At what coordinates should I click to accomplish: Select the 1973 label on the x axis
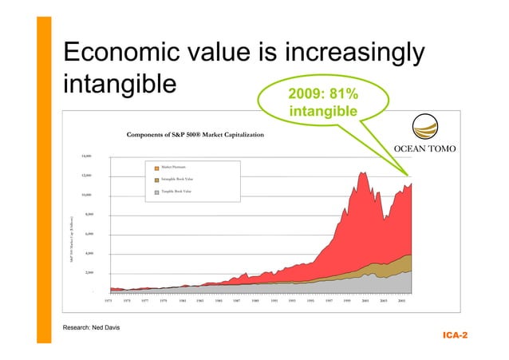(109, 301)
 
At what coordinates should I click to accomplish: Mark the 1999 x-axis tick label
(345, 301)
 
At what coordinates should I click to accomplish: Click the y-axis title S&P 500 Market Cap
(71, 239)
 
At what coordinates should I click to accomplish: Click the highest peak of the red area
(363, 173)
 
